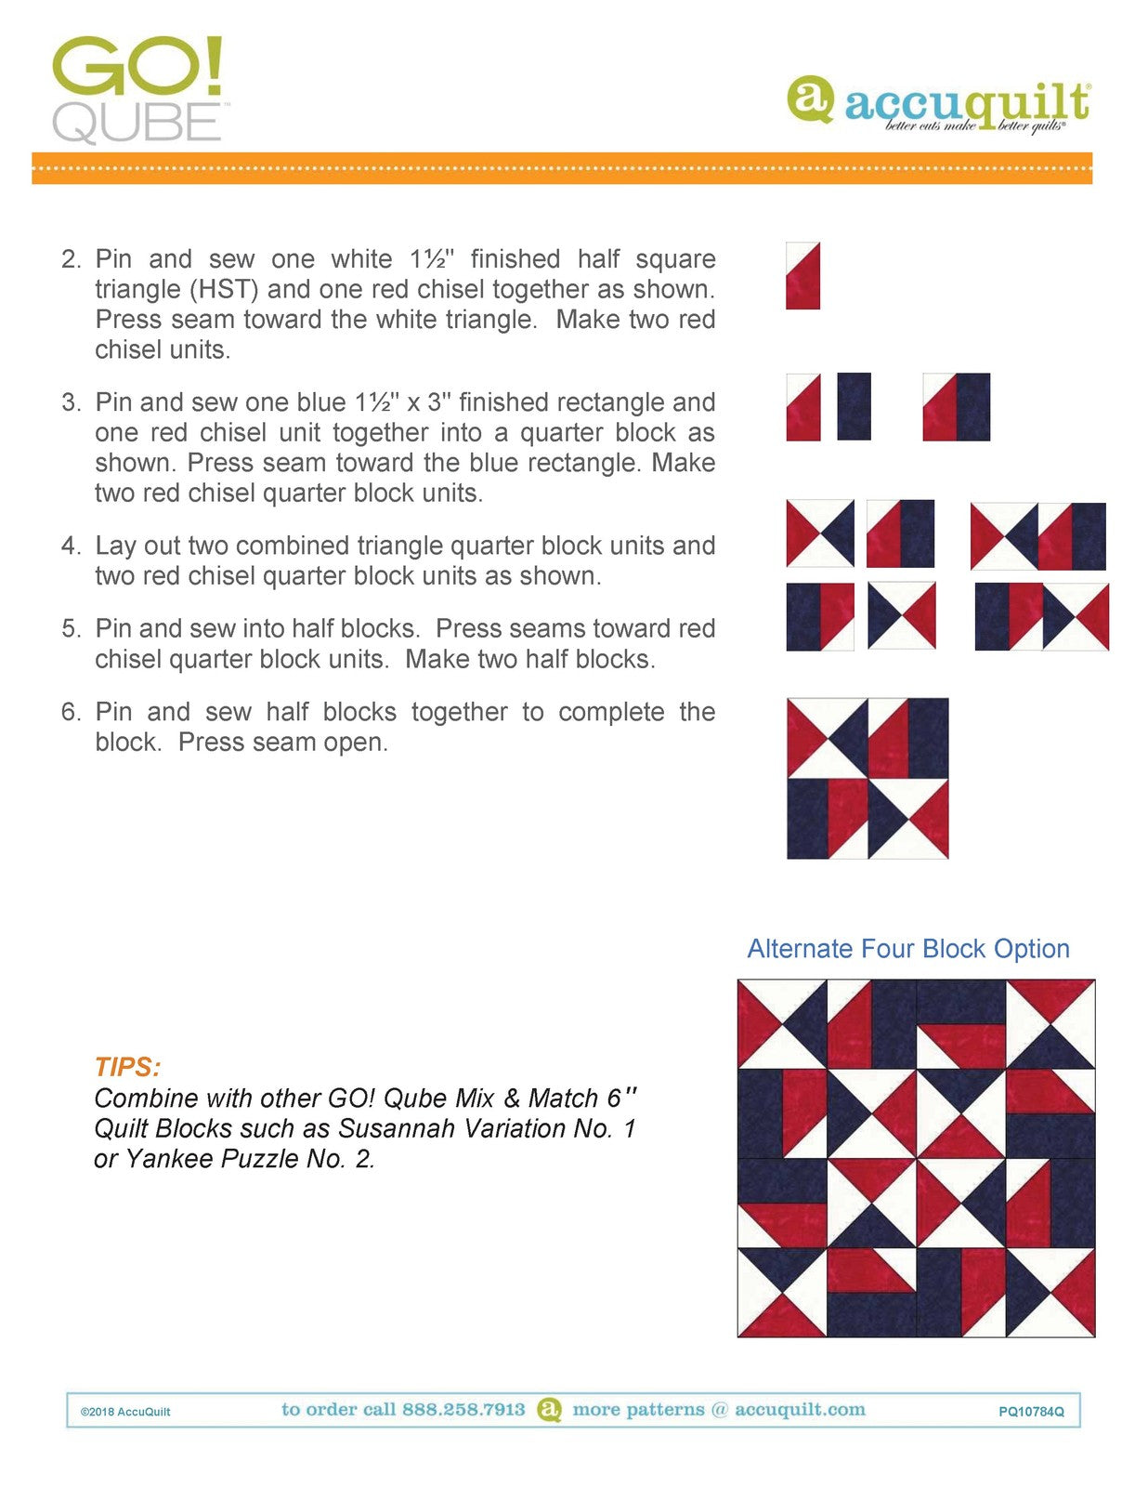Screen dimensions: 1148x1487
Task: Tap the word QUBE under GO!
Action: (137, 123)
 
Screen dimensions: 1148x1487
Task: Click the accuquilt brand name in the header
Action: (967, 106)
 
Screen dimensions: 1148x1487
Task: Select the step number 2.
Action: (72, 259)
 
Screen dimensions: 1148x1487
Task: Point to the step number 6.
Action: (72, 712)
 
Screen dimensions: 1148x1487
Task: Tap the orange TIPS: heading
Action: (128, 1067)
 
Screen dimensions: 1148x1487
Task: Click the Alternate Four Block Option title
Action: (908, 949)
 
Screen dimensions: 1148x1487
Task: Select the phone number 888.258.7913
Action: (463, 1409)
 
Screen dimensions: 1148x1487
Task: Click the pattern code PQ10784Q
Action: (1031, 1411)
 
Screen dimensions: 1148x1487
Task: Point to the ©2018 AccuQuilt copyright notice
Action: (125, 1411)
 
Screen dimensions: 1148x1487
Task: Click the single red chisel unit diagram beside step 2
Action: (802, 276)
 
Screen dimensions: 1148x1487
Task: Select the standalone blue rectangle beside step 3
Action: (854, 406)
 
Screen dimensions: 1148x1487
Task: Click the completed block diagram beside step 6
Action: (868, 778)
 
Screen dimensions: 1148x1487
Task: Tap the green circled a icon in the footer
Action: (549, 1410)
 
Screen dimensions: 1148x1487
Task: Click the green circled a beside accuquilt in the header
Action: (811, 100)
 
